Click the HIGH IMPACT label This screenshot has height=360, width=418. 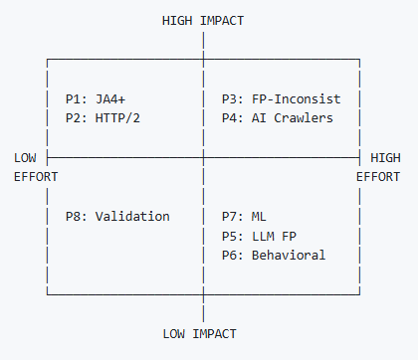coord(203,20)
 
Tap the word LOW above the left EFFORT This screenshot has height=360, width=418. coord(27,157)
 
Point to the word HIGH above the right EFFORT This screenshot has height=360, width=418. coord(385,157)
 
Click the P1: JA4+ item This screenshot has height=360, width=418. coord(95,99)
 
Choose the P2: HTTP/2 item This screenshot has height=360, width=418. coord(103,118)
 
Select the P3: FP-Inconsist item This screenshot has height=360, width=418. coord(282,99)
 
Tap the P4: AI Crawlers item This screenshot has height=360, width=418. coord(278,118)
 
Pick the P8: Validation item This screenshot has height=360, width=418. coord(117,216)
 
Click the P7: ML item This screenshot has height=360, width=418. coord(243,216)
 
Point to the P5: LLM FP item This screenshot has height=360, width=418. coord(259,236)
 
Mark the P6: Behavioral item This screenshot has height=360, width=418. coord(274,255)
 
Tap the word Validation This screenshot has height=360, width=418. coord(133,216)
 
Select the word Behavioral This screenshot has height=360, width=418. coord(290,255)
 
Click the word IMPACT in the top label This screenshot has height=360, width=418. coord(223,20)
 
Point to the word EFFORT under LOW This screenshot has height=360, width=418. coord(36,177)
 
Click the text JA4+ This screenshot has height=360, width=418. coord(110,99)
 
